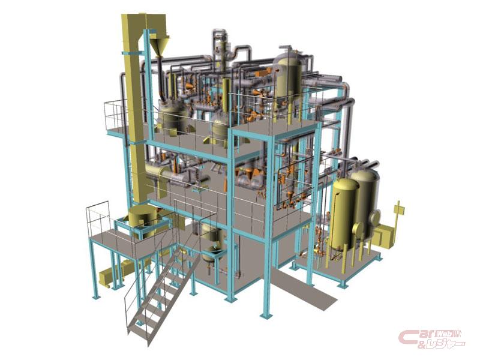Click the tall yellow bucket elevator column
(x=134, y=107)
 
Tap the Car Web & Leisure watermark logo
(x=431, y=339)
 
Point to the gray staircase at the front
(x=162, y=294)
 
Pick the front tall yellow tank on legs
(x=346, y=214)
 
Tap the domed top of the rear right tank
(x=365, y=175)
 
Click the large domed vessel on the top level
(x=289, y=77)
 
